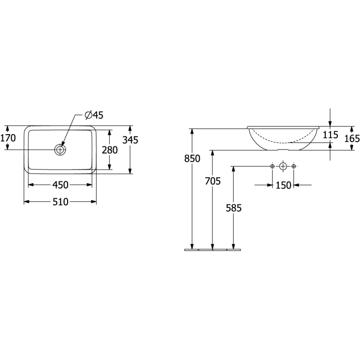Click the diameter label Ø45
click(94, 115)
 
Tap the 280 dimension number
click(109, 150)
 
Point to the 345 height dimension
click(130, 140)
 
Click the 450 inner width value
click(60, 185)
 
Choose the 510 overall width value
click(60, 202)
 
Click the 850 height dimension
click(192, 158)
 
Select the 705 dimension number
click(213, 181)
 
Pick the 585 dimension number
click(234, 207)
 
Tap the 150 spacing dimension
click(283, 185)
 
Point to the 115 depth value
click(331, 135)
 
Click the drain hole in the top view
click(60, 149)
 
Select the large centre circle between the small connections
click(283, 167)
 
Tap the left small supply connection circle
click(272, 167)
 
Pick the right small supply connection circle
click(294, 167)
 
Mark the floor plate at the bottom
click(213, 250)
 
